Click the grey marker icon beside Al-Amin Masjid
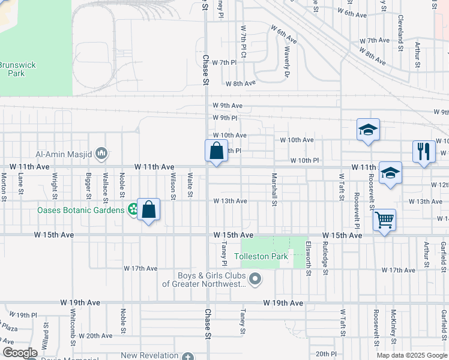coord(101,154)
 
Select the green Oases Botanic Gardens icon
coord(133,210)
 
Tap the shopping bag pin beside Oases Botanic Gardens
coord(149,210)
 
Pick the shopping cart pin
coord(384,220)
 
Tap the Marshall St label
coord(274,190)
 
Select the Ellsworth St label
coord(309,259)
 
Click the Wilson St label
coord(173,185)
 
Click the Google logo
coord(20,353)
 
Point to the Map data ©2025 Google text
coord(412,355)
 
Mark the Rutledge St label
coord(325,259)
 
